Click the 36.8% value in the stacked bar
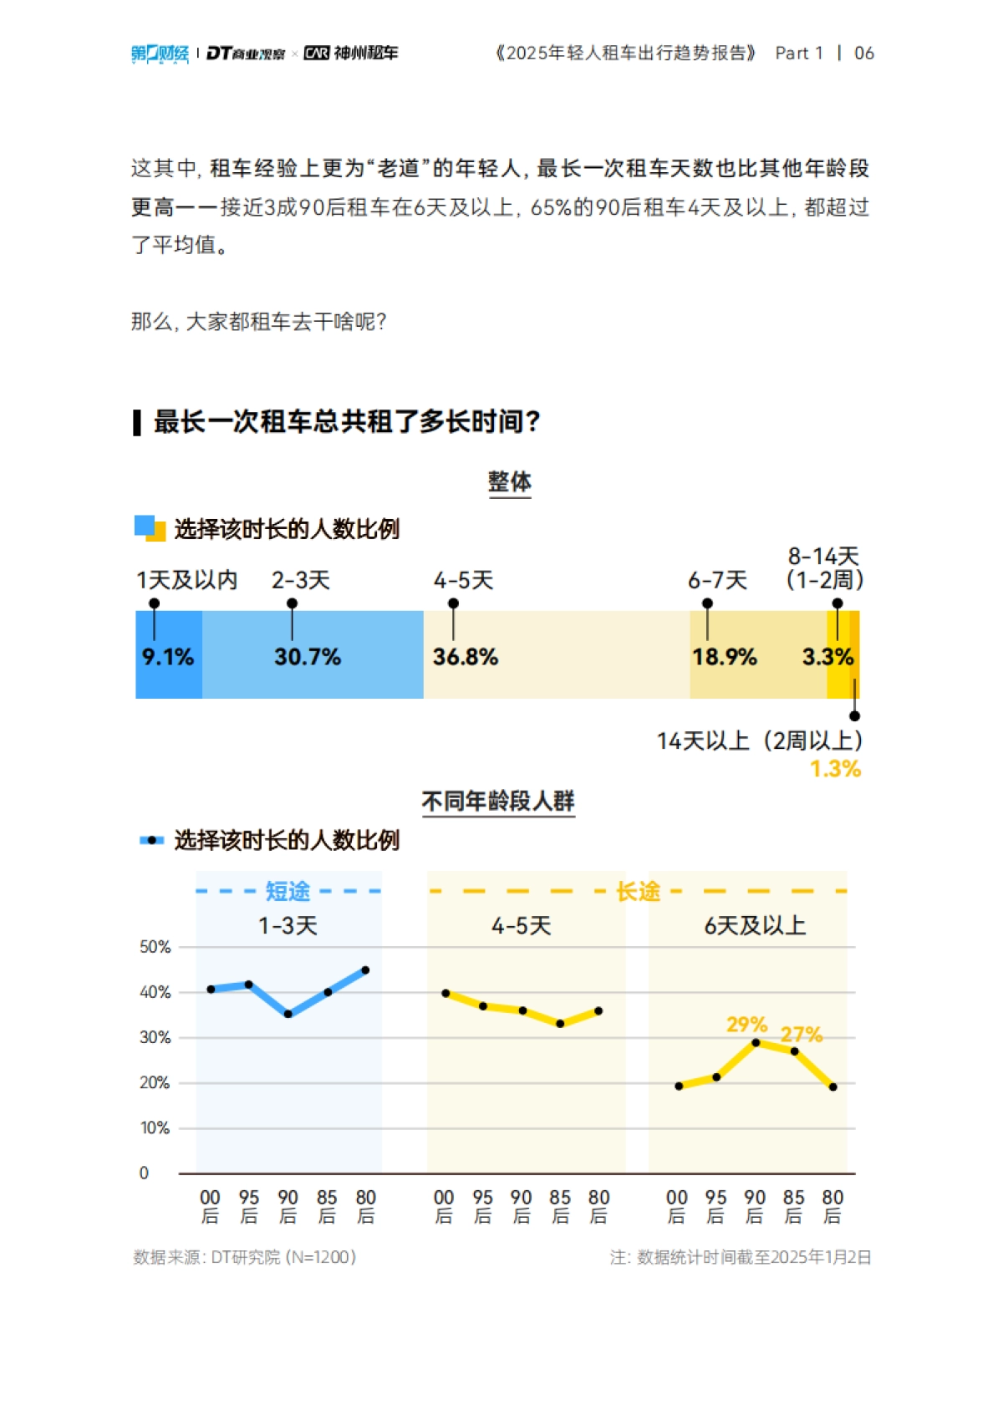pyautogui.click(x=465, y=657)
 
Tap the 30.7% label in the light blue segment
pyautogui.click(x=308, y=657)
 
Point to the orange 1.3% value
pyautogui.click(x=835, y=769)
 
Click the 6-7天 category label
pyautogui.click(x=717, y=580)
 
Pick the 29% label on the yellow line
pyautogui.click(x=746, y=1025)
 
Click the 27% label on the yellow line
pyautogui.click(x=802, y=1035)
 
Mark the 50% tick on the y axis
pyautogui.click(x=155, y=947)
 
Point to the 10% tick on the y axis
pyautogui.click(x=155, y=1128)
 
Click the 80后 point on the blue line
pyautogui.click(x=365, y=970)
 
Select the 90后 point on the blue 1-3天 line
pyautogui.click(x=288, y=1015)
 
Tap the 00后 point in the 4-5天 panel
pyautogui.click(x=445, y=994)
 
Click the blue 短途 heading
pyautogui.click(x=288, y=892)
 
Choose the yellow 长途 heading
pyautogui.click(x=638, y=892)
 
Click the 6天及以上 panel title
pyautogui.click(x=755, y=926)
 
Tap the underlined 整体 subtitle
pyautogui.click(x=510, y=481)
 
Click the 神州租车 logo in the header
pyautogui.click(x=351, y=53)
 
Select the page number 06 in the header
pyautogui.click(x=864, y=53)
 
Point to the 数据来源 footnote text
pyautogui.click(x=245, y=1257)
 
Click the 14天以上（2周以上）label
pyautogui.click(x=759, y=741)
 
